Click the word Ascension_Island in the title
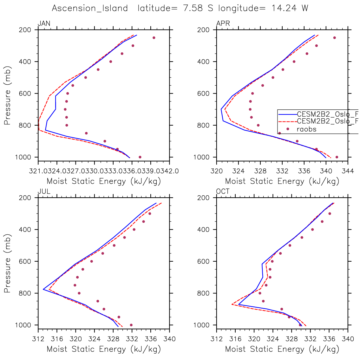click(90, 8)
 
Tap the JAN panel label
click(44, 24)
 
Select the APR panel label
click(223, 24)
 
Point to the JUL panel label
click(44, 192)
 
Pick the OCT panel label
click(223, 192)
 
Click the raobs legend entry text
click(307, 129)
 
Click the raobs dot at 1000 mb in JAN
click(140, 157)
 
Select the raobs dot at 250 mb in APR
click(334, 38)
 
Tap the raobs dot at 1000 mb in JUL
click(131, 325)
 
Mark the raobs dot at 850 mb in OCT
click(263, 301)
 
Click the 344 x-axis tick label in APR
click(348, 171)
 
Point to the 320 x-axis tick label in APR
click(217, 171)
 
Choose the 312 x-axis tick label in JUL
click(38, 339)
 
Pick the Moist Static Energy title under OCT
click(282, 349)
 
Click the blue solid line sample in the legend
click(287, 114)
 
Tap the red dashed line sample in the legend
click(287, 121)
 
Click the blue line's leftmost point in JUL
click(43, 289)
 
